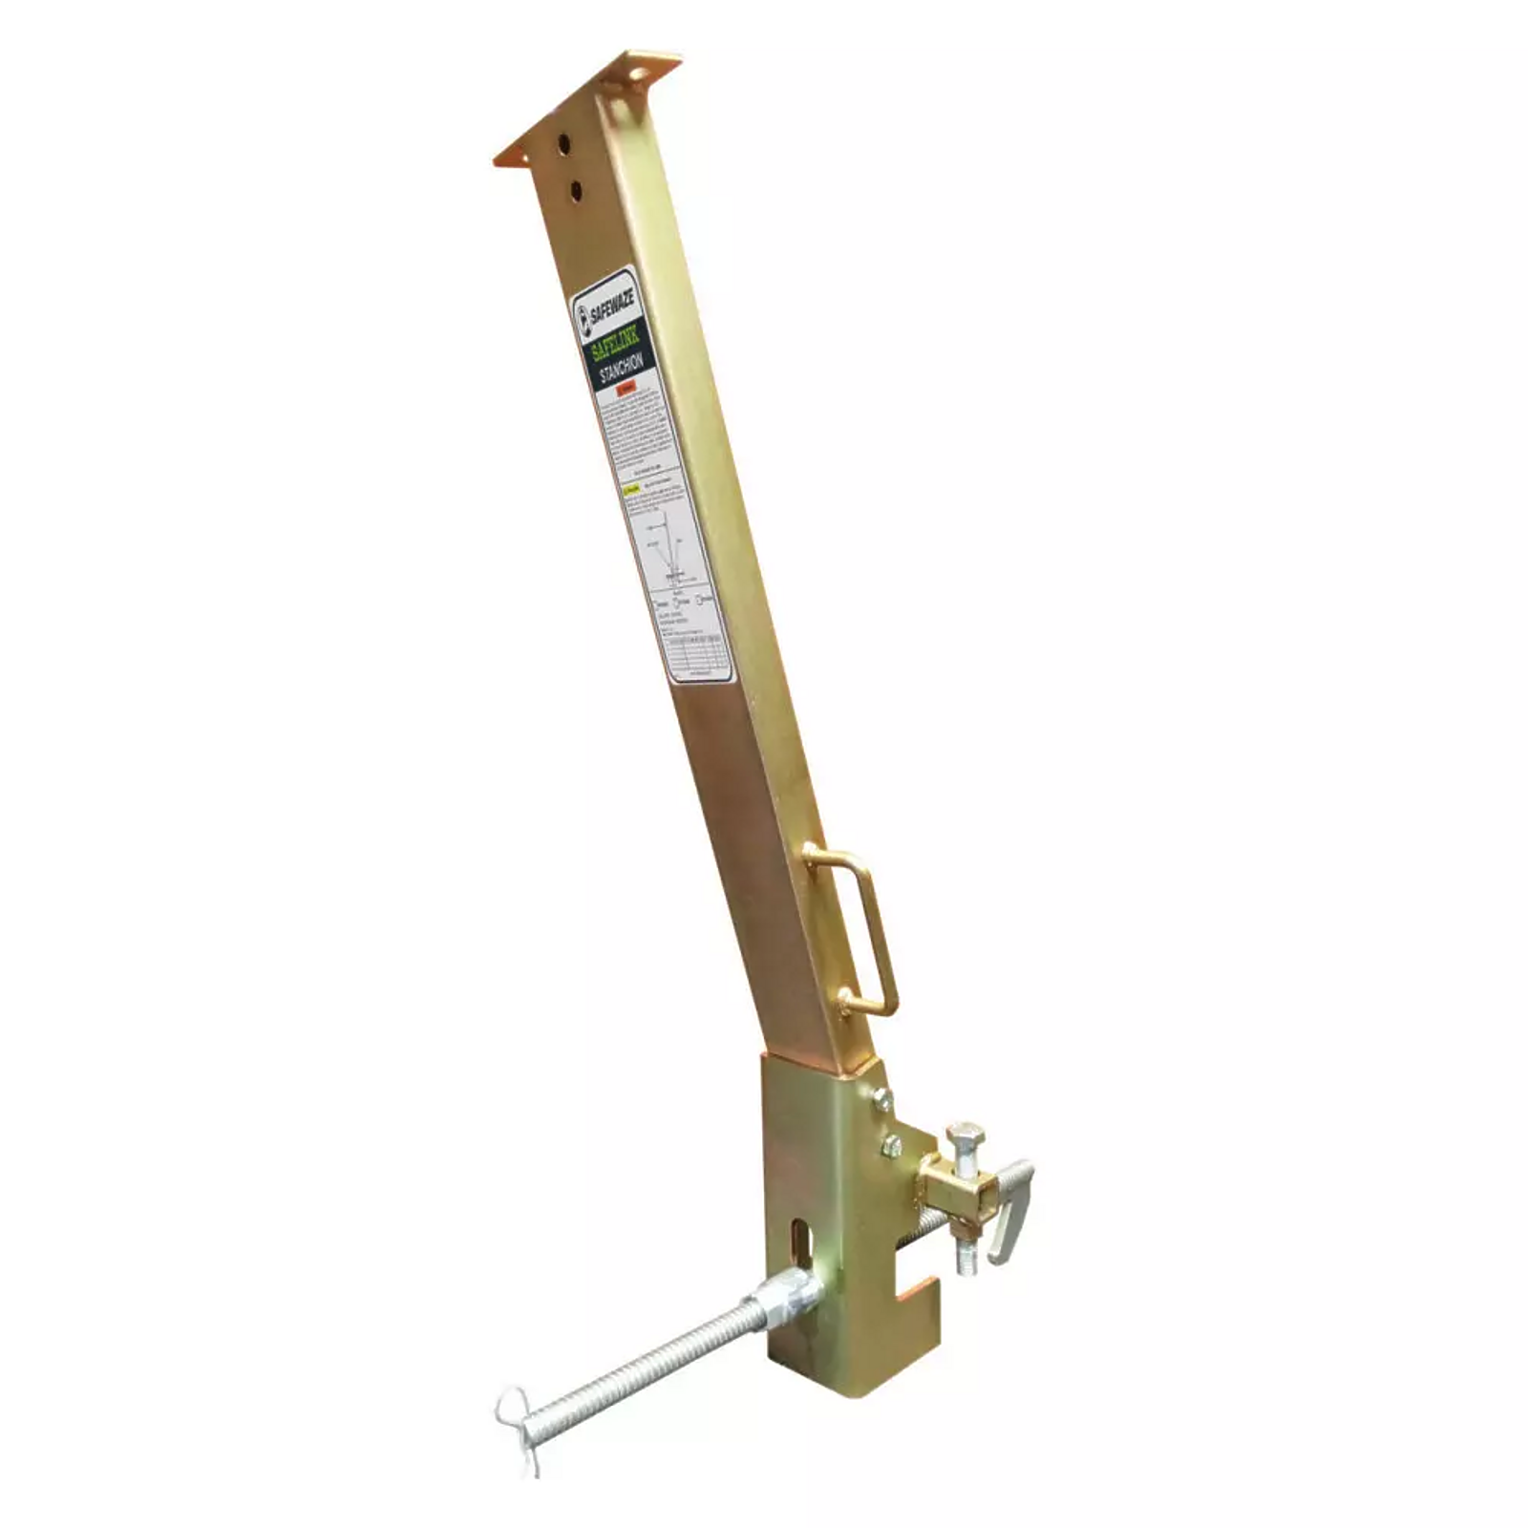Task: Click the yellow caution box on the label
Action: pyautogui.click(x=631, y=492)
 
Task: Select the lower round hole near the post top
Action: pyautogui.click(x=576, y=190)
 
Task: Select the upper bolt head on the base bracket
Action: pyautogui.click(x=882, y=1100)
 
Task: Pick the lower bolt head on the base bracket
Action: pyautogui.click(x=892, y=1145)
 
